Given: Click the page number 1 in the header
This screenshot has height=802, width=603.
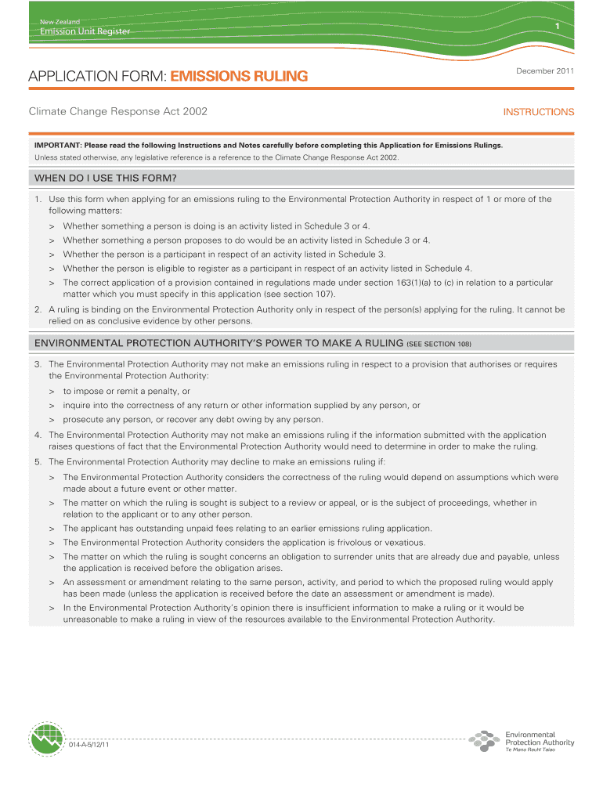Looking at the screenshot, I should pos(556,27).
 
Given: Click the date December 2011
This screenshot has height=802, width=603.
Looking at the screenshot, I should pos(546,71).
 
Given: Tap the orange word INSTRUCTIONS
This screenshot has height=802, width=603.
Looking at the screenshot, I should pos(539,112).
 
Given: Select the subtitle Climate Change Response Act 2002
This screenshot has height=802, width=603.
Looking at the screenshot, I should pos(118,112).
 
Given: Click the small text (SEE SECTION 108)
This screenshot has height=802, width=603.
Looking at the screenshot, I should pos(439,345).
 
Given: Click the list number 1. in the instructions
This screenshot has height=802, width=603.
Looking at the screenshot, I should pos(38,199).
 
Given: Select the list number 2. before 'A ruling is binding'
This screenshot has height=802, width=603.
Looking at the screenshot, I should pos(38,309).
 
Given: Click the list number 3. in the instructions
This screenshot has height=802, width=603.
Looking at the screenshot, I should pos(38,364).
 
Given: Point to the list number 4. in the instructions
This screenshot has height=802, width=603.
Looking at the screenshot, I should pos(38,435).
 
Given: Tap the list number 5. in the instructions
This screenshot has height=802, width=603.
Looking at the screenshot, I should pos(38,461).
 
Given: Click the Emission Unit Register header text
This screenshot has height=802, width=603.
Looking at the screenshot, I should pos(85,31).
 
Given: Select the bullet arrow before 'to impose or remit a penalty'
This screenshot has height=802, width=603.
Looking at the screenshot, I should pos(52,391).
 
